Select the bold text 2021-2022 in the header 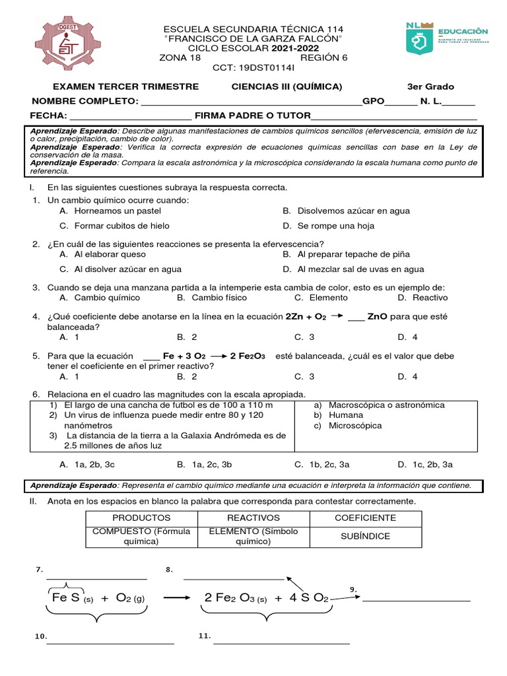click(294, 48)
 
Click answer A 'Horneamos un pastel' click(110, 211)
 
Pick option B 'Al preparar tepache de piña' click(353, 254)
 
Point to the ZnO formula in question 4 click(377, 317)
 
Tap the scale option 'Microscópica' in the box click(355, 426)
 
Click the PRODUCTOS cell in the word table click(141, 518)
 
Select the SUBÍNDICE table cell click(365, 537)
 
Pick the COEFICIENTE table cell click(365, 518)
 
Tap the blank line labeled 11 click(281, 642)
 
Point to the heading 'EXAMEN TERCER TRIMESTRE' click(125, 87)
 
